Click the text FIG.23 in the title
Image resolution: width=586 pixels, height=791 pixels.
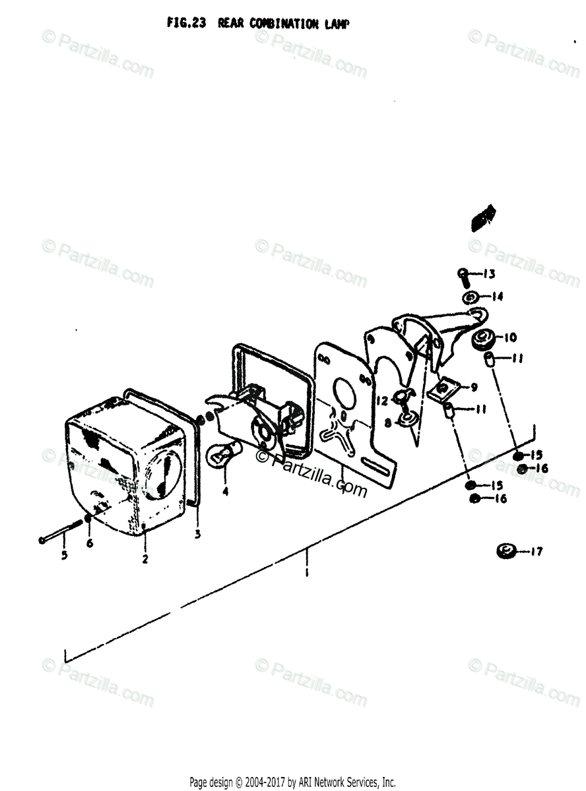187,23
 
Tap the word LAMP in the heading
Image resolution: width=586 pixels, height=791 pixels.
337,24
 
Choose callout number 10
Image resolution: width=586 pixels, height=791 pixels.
510,337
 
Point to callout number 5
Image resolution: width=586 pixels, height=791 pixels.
65,556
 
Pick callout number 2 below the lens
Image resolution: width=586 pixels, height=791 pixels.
145,560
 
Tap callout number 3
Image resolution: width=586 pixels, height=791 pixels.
197,535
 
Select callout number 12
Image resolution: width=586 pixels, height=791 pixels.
382,400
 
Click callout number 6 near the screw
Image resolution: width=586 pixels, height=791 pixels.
90,542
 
